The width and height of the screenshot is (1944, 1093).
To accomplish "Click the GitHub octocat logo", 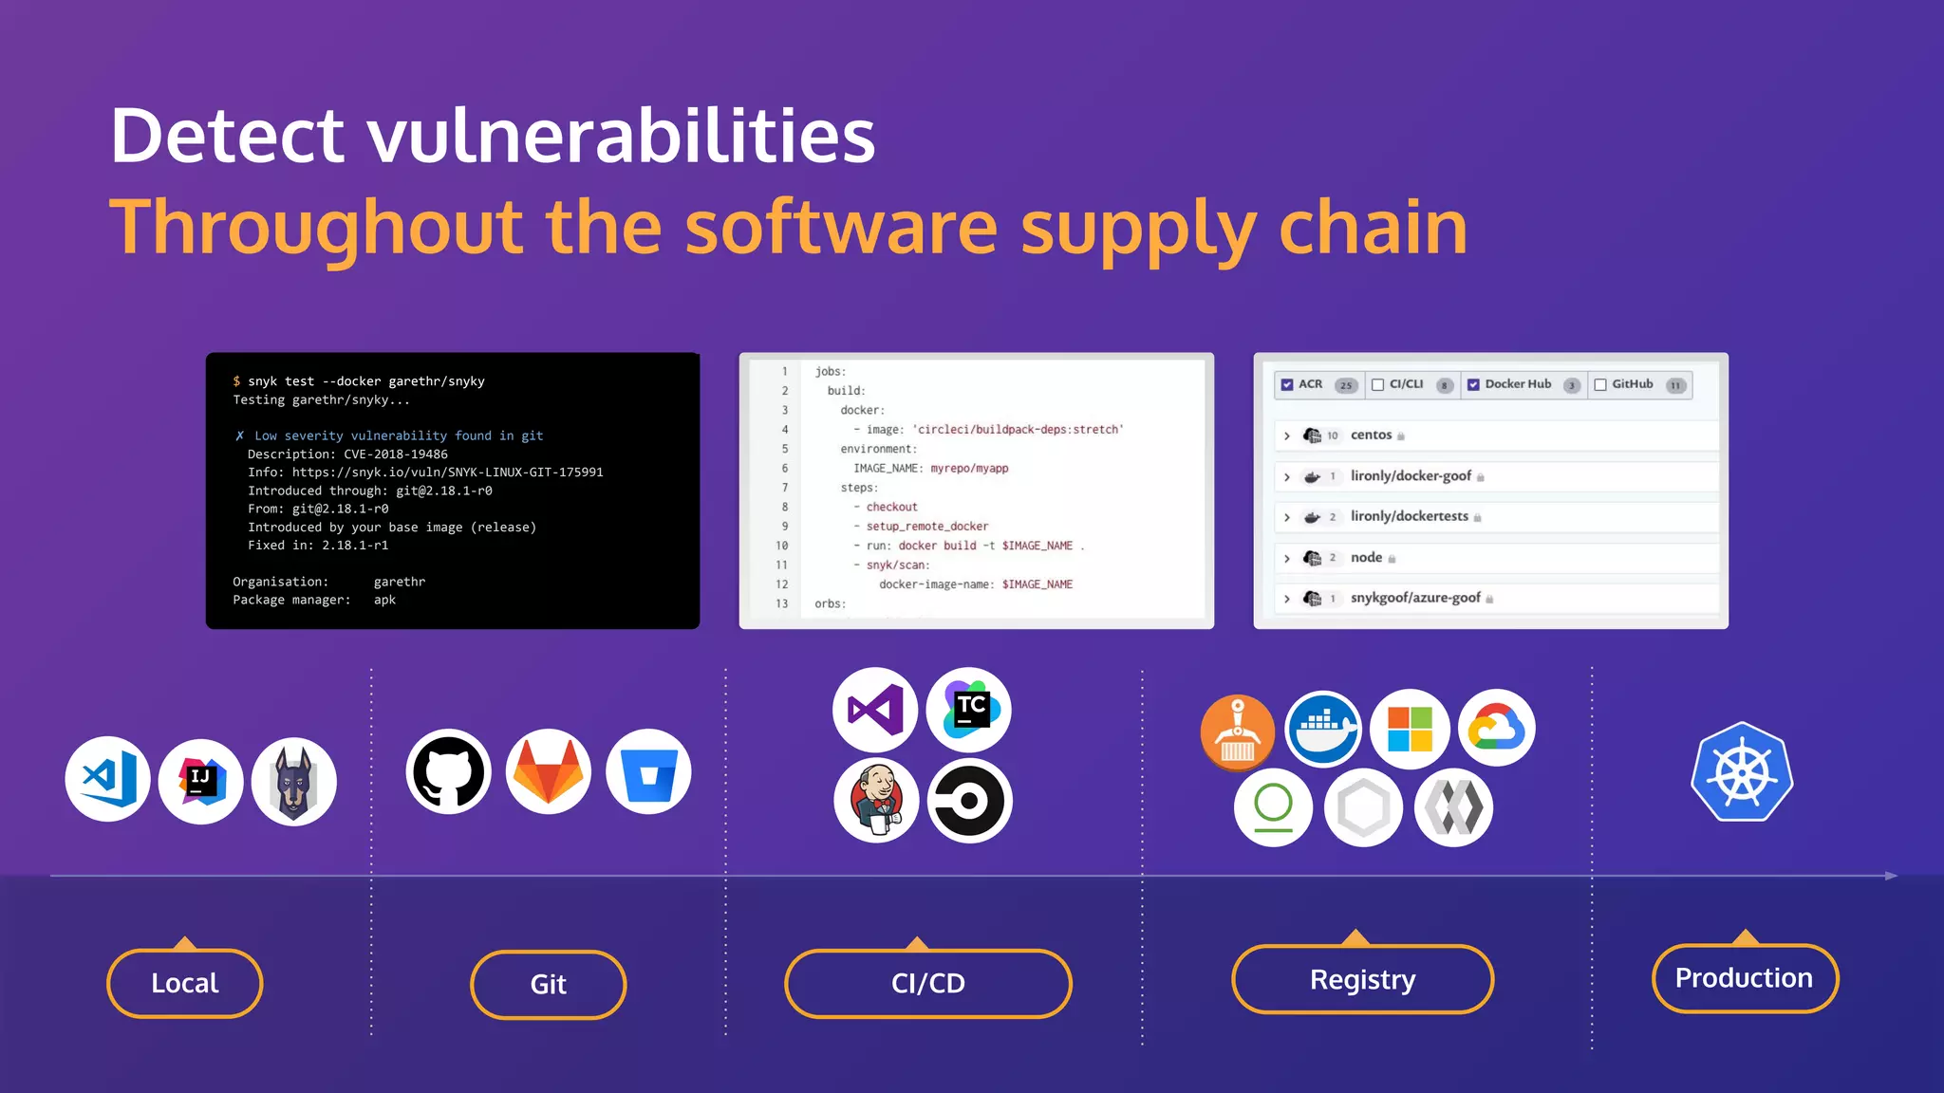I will (448, 771).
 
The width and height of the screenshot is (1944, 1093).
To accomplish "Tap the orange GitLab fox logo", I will (549, 771).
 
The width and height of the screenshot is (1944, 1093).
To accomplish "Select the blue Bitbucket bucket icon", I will (648, 771).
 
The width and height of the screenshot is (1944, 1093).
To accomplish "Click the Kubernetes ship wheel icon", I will (1742, 772).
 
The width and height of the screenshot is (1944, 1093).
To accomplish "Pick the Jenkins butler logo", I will (876, 800).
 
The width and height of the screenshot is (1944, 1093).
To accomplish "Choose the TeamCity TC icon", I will (969, 710).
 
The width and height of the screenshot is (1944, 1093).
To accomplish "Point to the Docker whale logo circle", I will (1323, 729).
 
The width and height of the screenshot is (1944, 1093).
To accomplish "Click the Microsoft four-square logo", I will (1410, 729).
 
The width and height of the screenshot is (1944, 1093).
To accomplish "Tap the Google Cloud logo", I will (1496, 729).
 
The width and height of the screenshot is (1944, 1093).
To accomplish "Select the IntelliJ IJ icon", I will (201, 781).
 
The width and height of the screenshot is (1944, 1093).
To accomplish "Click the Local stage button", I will (185, 983).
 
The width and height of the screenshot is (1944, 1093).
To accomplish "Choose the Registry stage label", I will (1362, 979).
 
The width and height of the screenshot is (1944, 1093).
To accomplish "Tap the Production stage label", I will (1744, 978).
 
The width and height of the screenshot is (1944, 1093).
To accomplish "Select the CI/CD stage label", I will (927, 983).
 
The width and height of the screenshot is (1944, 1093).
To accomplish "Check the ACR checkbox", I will (1287, 384).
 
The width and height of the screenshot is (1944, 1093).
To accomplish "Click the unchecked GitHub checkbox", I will (1600, 384).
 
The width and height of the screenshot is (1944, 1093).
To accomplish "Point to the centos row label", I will (1371, 435).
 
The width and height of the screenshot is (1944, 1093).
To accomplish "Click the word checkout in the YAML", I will (891, 507).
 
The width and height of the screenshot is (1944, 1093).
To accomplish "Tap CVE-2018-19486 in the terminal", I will (396, 454).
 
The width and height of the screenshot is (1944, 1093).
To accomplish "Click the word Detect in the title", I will (227, 136).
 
